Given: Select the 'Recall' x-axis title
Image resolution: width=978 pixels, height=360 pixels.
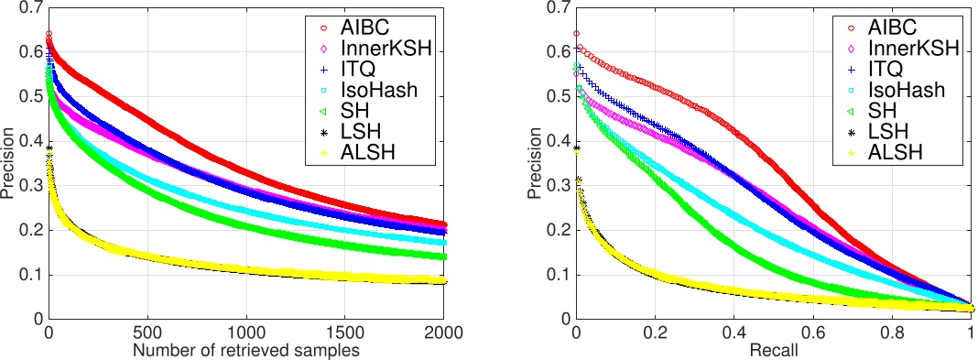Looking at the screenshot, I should (773, 350).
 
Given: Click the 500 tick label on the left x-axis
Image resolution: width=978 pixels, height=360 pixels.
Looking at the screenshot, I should (147, 332).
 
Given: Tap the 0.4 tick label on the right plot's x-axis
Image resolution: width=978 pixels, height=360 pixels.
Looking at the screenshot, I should (733, 332).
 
